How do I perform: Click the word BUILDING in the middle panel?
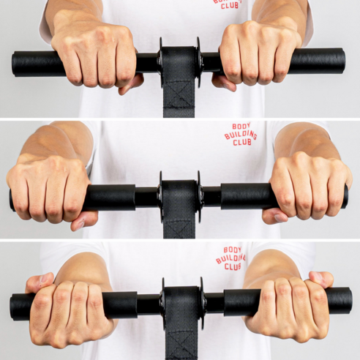241,135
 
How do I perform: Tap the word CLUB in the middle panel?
241,142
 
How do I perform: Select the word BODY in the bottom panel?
232,250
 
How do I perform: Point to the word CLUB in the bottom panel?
233,266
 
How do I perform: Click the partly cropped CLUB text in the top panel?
230,5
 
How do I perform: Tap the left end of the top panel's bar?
13,64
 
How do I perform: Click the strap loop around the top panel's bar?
179,63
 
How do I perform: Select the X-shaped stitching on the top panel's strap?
179,94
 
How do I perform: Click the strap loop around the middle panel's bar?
179,198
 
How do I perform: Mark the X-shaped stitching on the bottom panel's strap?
181,342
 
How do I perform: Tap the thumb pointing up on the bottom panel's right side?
320,280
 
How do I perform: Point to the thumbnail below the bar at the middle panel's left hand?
80,224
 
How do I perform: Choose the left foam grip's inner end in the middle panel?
134,198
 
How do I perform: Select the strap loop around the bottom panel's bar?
181,303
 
